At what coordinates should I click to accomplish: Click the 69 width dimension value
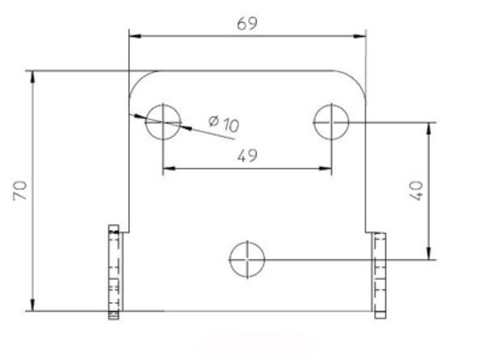[247, 23]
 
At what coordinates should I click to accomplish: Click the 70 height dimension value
[20, 191]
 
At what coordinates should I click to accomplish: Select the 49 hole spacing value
[247, 156]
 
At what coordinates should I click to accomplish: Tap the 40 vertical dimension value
[418, 190]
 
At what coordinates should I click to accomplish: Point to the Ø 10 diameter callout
[224, 124]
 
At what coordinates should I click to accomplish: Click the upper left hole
[163, 121]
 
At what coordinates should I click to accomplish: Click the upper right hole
[331, 121]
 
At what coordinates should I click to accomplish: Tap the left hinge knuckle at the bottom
[114, 272]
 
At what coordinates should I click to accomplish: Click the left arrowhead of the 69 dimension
[136, 36]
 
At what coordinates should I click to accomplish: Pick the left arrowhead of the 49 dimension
[169, 169]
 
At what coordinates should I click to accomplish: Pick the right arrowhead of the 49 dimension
[325, 169]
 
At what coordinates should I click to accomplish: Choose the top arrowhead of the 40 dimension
[428, 128]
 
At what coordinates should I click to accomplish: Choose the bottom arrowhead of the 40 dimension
[428, 254]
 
